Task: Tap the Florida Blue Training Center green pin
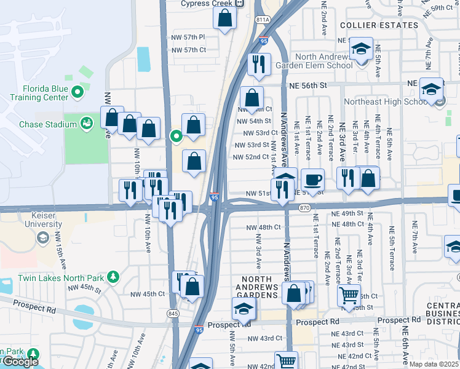coord(77,93)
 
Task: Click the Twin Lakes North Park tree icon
coord(113,277)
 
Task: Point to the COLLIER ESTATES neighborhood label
coord(379,25)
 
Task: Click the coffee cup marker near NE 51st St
coord(312,179)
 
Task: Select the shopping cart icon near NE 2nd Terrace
coord(349,296)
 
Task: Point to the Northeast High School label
coord(391,101)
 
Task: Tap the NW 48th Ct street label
coord(263,228)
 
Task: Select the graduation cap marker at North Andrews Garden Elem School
coord(361,49)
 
